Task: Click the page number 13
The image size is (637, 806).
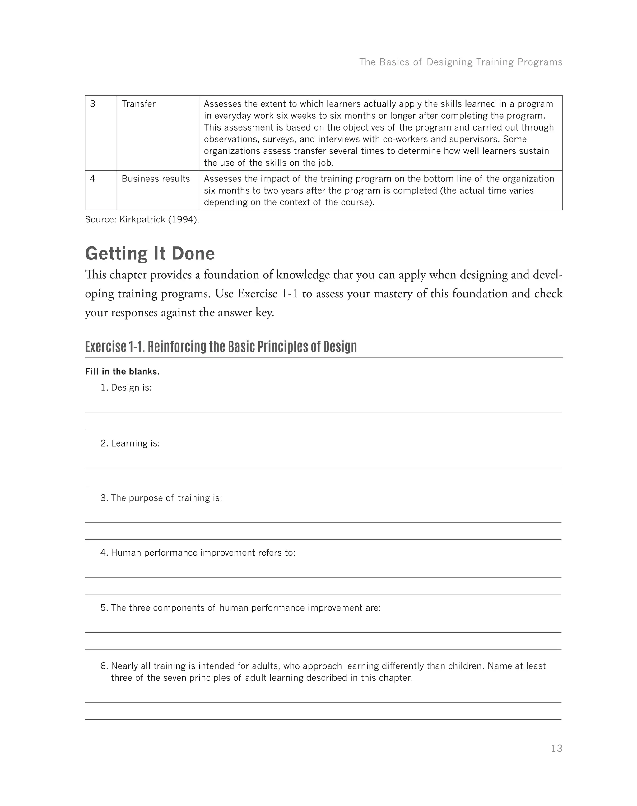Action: [556, 748]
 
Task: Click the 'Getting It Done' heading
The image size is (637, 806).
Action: [150, 253]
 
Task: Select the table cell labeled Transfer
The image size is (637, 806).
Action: [138, 104]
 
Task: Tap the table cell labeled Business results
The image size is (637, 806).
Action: [156, 179]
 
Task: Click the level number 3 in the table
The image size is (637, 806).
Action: [92, 104]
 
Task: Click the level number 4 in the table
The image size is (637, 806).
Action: [92, 179]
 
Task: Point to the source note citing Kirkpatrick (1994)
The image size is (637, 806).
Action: [142, 219]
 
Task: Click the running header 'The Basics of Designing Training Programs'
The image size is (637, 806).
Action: [461, 62]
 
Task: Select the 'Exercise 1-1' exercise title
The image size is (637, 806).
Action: [221, 346]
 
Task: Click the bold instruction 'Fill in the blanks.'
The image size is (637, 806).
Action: [122, 372]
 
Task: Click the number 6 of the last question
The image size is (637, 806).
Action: [104, 666]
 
